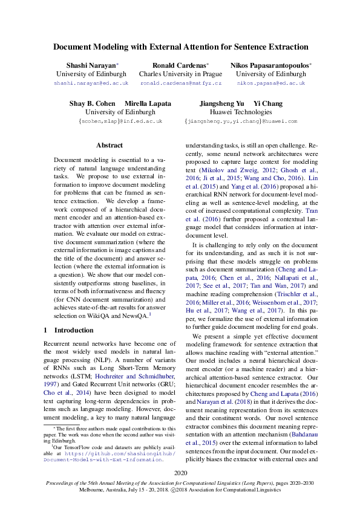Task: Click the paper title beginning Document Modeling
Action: [180, 47]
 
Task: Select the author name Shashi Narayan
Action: [91, 65]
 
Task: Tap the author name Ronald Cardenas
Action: [180, 65]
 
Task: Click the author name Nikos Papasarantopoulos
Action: [270, 65]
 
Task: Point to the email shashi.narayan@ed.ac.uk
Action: [91, 82]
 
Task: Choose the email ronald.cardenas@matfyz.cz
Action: [180, 82]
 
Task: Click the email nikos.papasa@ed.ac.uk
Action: [270, 82]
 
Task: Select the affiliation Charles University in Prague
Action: [180, 74]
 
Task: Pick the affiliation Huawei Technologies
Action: [240, 112]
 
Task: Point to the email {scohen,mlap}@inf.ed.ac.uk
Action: [120, 121]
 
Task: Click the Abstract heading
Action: [110, 145]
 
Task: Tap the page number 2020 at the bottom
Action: [180, 472]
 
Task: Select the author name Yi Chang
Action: [264, 103]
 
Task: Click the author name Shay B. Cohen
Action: [93, 103]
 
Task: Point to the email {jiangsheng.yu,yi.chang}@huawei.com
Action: [240, 121]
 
